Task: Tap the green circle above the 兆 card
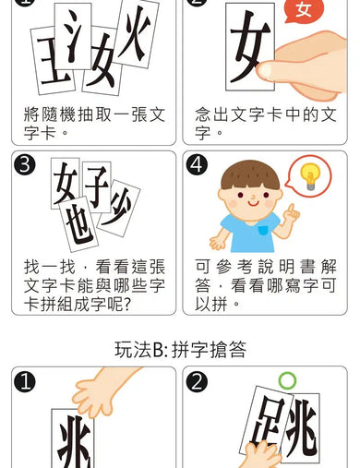[x=290, y=379]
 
